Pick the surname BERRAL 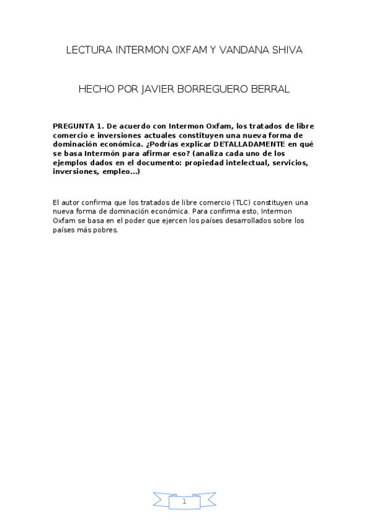pos(269,89)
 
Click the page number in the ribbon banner pos(184,502)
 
